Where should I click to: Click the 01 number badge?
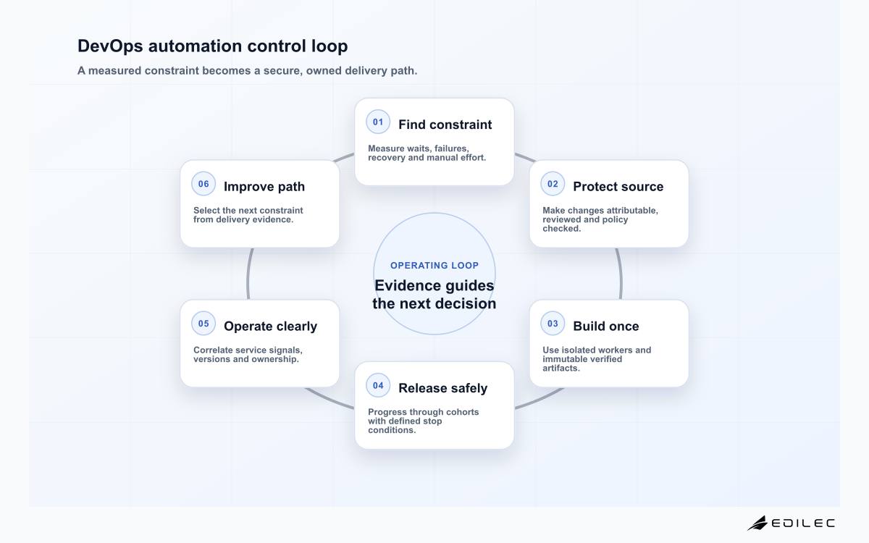pyautogui.click(x=378, y=122)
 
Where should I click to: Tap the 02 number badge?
pyautogui.click(x=553, y=184)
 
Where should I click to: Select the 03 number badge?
pyautogui.click(x=553, y=324)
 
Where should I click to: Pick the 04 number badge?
pyautogui.click(x=378, y=385)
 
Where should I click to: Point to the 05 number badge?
pyautogui.click(x=203, y=324)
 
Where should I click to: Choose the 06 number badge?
pyautogui.click(x=203, y=184)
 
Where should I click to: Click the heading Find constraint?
pyautogui.click(x=445, y=125)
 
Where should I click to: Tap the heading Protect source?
pyautogui.click(x=618, y=187)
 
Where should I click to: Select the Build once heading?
pyautogui.click(x=605, y=327)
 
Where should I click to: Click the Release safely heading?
pyautogui.click(x=442, y=388)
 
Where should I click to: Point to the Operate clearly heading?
pyautogui.click(x=270, y=327)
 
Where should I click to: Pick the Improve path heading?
pyautogui.click(x=264, y=187)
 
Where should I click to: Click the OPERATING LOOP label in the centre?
pyautogui.click(x=434, y=265)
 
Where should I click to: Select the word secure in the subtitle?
pyautogui.click(x=283, y=71)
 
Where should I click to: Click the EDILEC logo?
pyautogui.click(x=791, y=523)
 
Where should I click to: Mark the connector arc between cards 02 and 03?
pyautogui.click(x=621, y=274)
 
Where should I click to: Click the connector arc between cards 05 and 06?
pyautogui.click(x=248, y=274)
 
